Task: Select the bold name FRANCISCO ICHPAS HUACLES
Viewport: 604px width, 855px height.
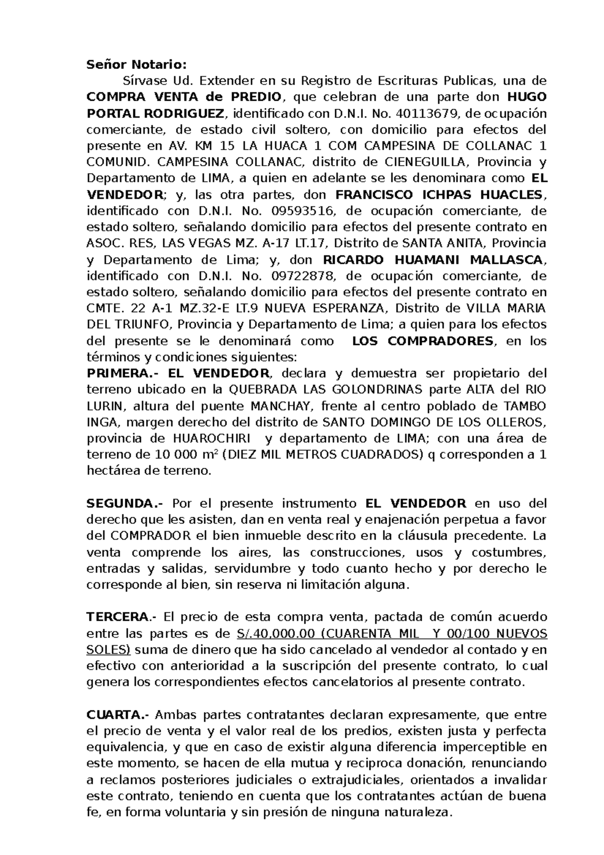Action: click(439, 195)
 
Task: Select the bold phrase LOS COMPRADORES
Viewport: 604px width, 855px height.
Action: click(423, 341)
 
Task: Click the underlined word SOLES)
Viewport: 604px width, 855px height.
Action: click(108, 650)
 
